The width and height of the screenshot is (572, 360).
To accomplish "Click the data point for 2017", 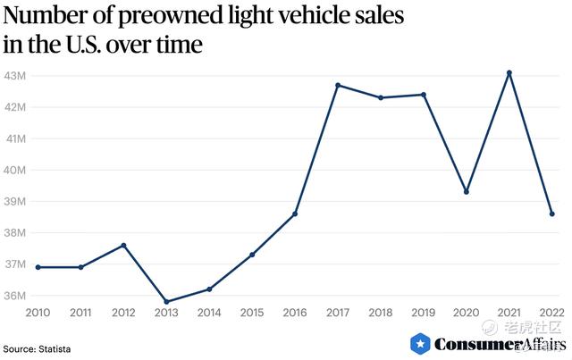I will click(338, 85).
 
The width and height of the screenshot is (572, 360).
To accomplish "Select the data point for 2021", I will click(509, 72).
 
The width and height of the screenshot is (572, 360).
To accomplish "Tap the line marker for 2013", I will click(166, 302).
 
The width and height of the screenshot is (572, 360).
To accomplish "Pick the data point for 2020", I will click(467, 192).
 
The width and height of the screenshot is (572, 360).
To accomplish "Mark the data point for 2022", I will click(551, 213).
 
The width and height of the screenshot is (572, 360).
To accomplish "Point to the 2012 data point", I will click(123, 245).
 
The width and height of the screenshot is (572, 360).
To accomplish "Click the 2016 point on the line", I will click(295, 213).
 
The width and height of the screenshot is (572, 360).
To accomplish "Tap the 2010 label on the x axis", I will click(38, 313).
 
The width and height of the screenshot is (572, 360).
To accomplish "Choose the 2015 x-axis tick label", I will click(252, 313).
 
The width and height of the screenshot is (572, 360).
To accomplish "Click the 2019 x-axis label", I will click(424, 313).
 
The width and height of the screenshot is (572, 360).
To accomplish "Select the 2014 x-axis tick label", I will click(209, 313).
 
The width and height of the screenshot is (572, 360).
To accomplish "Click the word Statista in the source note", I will click(54, 348).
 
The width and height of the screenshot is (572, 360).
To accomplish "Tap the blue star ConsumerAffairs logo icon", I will click(420, 344).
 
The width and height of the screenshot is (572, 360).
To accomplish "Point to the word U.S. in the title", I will click(95, 44).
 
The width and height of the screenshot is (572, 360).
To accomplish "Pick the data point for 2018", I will click(381, 97).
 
